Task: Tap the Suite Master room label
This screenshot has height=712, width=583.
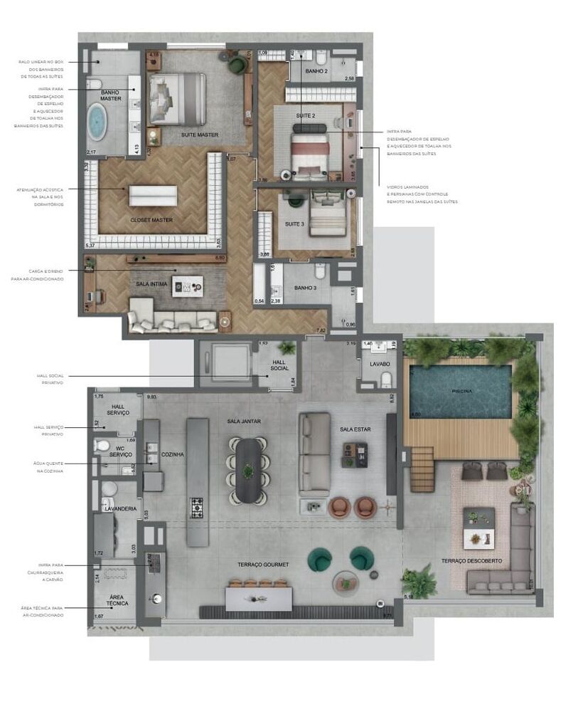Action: coord(199,135)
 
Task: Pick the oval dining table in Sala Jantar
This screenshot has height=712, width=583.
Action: coord(247,470)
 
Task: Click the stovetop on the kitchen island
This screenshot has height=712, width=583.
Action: coord(197,508)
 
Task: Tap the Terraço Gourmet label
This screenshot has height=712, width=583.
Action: coord(263,565)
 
